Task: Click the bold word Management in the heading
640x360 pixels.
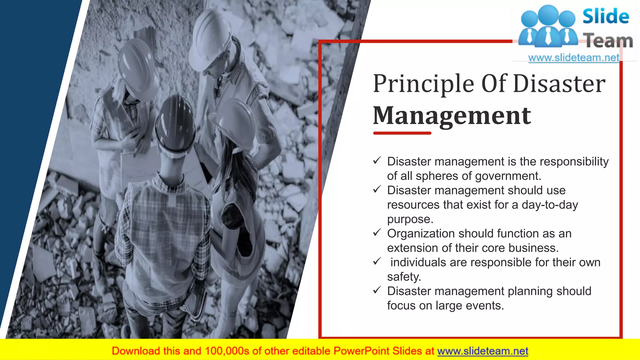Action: coord(452,116)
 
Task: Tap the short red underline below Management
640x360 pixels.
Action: coord(402,133)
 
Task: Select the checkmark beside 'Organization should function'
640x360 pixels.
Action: coord(377,232)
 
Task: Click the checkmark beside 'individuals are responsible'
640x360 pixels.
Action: coord(377,261)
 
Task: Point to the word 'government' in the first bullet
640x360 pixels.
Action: coord(507,176)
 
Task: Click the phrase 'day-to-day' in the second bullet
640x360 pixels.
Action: coord(550,205)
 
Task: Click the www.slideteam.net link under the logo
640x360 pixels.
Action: coord(573,58)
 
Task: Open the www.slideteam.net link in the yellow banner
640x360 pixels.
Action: coord(482,351)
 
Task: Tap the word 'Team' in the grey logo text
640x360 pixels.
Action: coord(608,41)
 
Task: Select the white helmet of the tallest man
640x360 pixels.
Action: coord(211,39)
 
